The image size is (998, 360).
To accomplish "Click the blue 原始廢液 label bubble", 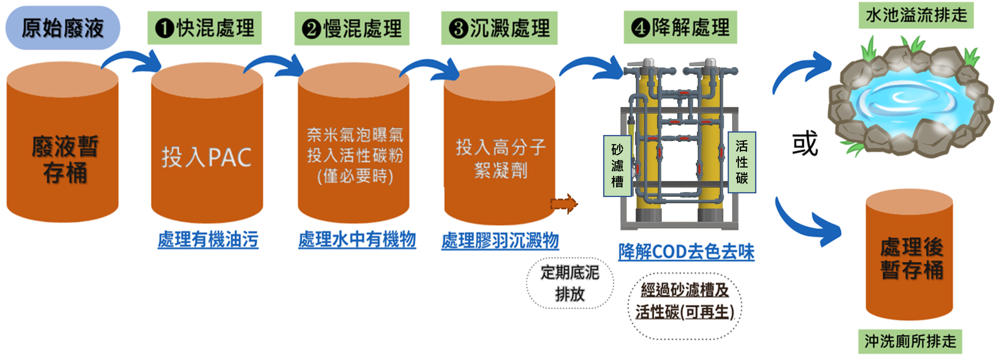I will pos(62,28).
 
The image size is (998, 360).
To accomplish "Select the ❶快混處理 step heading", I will pos(204,28).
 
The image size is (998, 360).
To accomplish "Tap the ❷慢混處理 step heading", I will pos(352,29).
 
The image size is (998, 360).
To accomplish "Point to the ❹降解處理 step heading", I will pos(680,27).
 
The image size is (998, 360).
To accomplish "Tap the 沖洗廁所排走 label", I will pos(910,342).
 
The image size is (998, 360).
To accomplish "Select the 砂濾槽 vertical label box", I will pos(617,165).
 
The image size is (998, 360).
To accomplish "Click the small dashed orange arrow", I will pos(564,203).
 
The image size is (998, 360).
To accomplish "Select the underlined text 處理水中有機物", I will pos(357,240).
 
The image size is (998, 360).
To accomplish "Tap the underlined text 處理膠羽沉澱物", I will pos(500,241).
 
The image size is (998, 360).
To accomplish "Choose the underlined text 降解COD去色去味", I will pos(686,252).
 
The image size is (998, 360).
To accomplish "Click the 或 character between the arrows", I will pos(805,143).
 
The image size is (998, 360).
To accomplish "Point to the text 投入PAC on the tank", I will pos(206,157).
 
